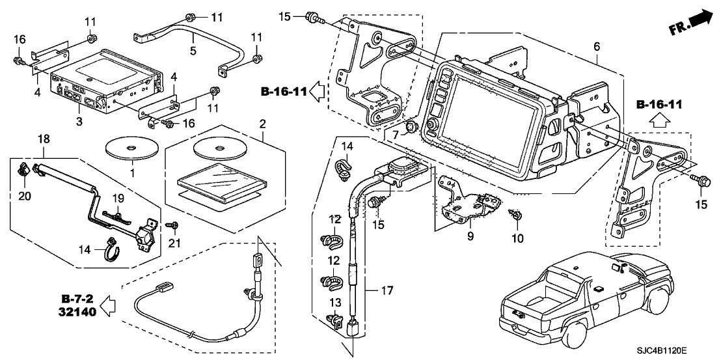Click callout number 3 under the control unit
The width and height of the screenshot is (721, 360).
(79, 122)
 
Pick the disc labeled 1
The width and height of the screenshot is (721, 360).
(132, 146)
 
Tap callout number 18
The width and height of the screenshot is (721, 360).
(44, 139)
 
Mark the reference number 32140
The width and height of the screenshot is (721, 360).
(78, 312)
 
